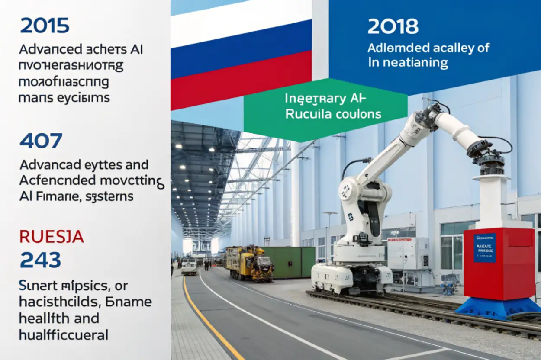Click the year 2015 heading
[x=45, y=26]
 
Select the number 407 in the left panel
[x=41, y=141]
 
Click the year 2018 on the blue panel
[x=393, y=27]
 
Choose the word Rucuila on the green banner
[x=305, y=114]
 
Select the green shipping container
[x=289, y=262]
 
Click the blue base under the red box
[x=498, y=308]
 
